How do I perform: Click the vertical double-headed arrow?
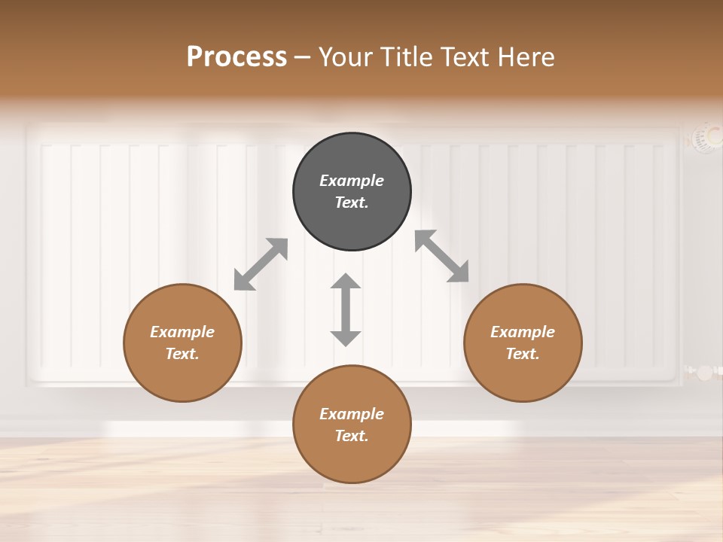[346, 309]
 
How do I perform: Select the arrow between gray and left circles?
[261, 264]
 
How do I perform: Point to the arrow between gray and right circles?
[441, 256]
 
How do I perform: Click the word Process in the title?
[236, 57]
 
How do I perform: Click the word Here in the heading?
[526, 57]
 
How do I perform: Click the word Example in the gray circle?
[352, 181]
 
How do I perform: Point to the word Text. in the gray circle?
[352, 202]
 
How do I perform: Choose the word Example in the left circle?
[182, 332]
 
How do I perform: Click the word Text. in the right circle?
[523, 354]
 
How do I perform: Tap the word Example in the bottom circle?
[352, 414]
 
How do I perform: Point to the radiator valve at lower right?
[704, 372]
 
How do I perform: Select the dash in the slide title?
[303, 57]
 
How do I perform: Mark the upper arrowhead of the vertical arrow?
[346, 282]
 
